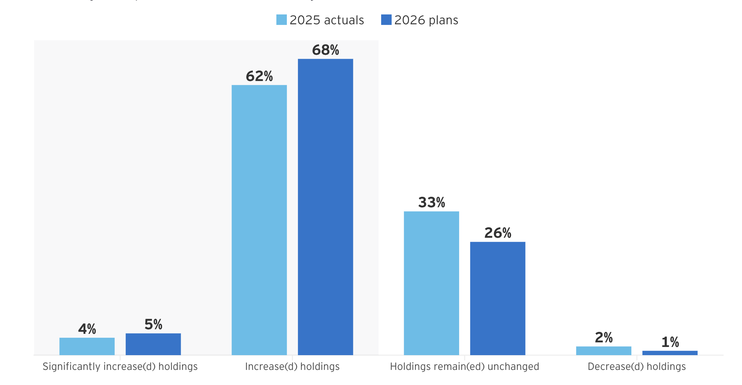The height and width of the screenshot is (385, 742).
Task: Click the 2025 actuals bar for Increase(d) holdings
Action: coord(259,220)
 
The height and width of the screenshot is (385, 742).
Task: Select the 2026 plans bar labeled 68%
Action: coord(325,207)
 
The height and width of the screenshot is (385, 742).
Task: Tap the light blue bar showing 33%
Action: coord(431,283)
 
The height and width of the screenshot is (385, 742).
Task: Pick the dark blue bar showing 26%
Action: coord(497,298)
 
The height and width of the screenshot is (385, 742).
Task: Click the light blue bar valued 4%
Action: coord(87,346)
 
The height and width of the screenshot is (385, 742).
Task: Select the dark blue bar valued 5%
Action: coord(153,344)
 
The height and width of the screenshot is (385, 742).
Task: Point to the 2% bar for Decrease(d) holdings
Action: coord(603,350)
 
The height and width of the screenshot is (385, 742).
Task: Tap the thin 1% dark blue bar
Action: coord(670,353)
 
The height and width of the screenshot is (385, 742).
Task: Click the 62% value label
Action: coord(259,76)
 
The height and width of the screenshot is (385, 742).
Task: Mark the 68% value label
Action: coord(325,50)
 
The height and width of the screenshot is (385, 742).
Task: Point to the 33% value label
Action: coord(431,203)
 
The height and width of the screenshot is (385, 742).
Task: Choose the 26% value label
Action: coord(497,233)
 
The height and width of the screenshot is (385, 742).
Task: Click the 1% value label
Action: coord(670,342)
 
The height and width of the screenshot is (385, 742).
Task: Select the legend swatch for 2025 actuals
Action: coord(281,20)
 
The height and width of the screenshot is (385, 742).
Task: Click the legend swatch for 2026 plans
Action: coord(386,20)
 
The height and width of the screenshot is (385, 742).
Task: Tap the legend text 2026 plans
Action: coord(426,20)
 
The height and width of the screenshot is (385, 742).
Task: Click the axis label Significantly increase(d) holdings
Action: coord(120,367)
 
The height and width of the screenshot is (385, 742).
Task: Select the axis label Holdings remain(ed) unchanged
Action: coord(464,367)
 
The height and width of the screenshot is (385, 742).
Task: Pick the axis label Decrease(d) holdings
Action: coord(637,367)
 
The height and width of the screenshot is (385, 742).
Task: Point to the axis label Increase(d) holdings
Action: coord(292,367)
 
